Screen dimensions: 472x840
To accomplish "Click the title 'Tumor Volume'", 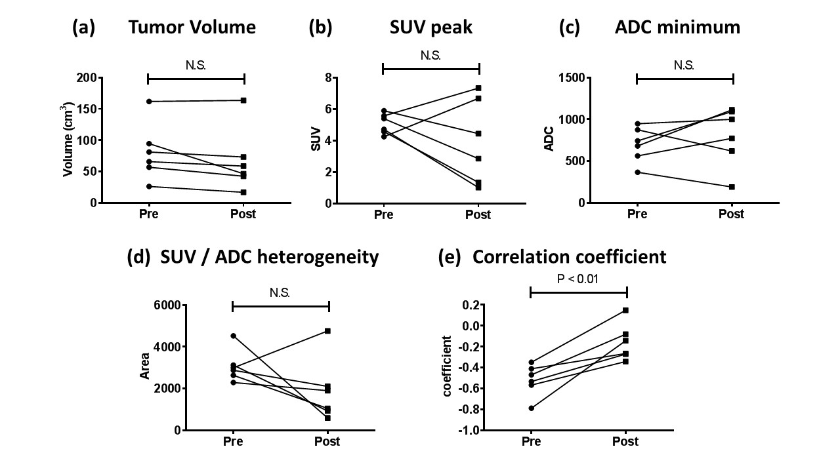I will (x=192, y=28).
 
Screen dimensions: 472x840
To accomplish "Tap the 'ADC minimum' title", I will (x=677, y=28).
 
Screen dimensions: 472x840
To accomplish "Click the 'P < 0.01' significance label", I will (x=578, y=278).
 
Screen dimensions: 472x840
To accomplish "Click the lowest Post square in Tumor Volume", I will (x=243, y=192).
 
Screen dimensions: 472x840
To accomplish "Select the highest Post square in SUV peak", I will (x=478, y=88).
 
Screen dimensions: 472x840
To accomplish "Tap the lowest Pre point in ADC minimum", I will (x=637, y=172).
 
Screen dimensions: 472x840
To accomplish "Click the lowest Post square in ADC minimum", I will (x=732, y=187).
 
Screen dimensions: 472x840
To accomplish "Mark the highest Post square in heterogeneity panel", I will (x=327, y=331).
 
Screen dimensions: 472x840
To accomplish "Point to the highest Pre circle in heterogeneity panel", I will (x=233, y=336).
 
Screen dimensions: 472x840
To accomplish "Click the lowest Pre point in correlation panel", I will (x=531, y=408).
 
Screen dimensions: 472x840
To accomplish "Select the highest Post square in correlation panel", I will (x=625, y=310).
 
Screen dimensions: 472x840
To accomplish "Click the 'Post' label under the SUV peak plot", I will (x=478, y=214).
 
